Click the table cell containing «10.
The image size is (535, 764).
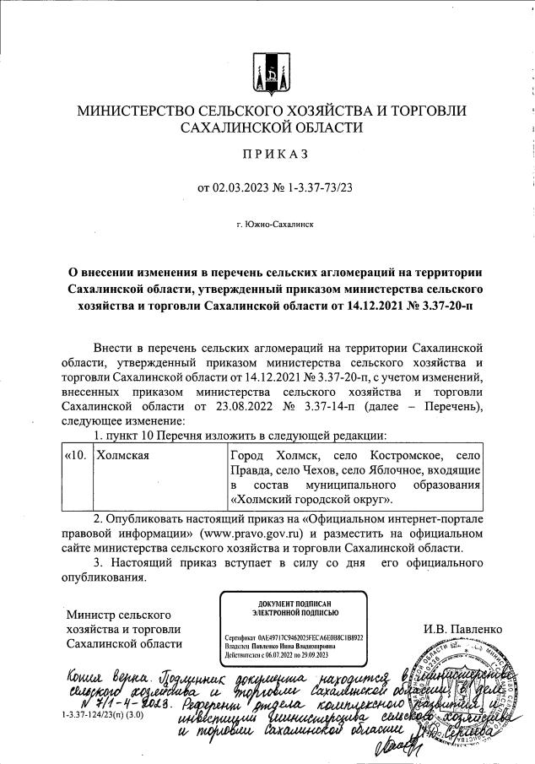coord(76,456)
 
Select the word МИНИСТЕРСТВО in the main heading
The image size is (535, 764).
coord(133,111)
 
